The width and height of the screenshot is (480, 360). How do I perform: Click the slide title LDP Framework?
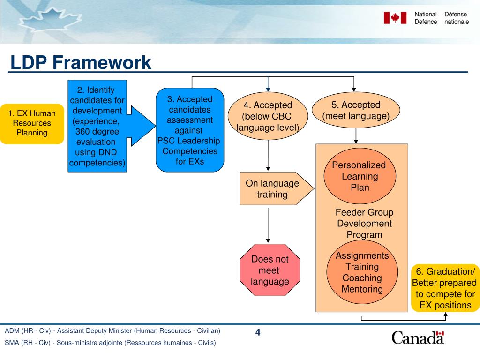click(x=81, y=62)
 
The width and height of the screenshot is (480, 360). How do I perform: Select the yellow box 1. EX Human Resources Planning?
click(x=32, y=123)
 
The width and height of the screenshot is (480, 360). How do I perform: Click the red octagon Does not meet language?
click(x=270, y=270)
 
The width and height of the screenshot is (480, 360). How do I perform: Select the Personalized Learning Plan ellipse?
click(x=360, y=176)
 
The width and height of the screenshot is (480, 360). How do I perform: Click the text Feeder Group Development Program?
click(x=364, y=224)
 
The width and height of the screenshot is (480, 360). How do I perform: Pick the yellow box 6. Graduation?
click(x=445, y=288)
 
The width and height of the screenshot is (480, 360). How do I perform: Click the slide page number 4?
click(x=258, y=333)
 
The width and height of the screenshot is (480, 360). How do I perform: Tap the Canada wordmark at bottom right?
click(x=418, y=337)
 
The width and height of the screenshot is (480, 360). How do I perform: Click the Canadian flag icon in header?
click(x=395, y=18)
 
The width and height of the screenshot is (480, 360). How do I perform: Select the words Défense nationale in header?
click(x=456, y=18)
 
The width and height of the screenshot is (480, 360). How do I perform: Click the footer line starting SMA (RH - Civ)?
click(x=110, y=343)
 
